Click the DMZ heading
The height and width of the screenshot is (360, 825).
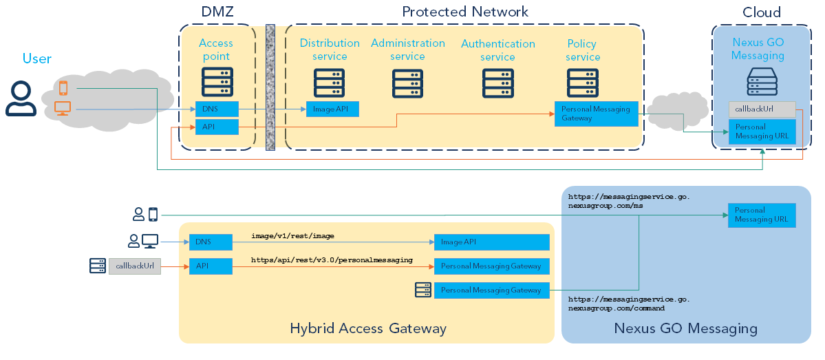pos(217,12)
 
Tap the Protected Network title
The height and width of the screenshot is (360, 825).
pos(465,12)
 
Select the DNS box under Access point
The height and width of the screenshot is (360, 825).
pos(217,109)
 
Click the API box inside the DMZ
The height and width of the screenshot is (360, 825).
pos(217,127)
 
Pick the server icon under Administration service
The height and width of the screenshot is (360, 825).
pos(407,84)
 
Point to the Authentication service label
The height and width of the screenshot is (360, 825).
pos(497,50)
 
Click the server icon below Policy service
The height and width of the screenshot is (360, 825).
pos(582,83)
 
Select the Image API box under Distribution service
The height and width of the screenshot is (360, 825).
pos(332,109)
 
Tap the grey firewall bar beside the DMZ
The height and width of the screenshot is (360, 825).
pos(270,87)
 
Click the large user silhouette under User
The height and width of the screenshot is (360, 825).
pos(21,98)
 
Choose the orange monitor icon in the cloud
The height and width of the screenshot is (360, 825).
pos(63,107)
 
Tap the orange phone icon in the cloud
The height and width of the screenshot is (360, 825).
pos(63,87)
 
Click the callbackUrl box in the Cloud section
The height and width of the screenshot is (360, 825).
pos(762,109)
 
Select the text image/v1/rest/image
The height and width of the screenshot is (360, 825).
pos(292,236)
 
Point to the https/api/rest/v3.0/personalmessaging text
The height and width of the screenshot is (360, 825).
pos(332,260)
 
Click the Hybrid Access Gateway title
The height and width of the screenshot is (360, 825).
pos(368,328)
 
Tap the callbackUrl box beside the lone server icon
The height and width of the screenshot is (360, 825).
pos(134,266)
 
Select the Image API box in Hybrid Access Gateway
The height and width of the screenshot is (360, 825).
pos(491,242)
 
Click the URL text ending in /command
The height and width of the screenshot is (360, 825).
pos(629,304)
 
